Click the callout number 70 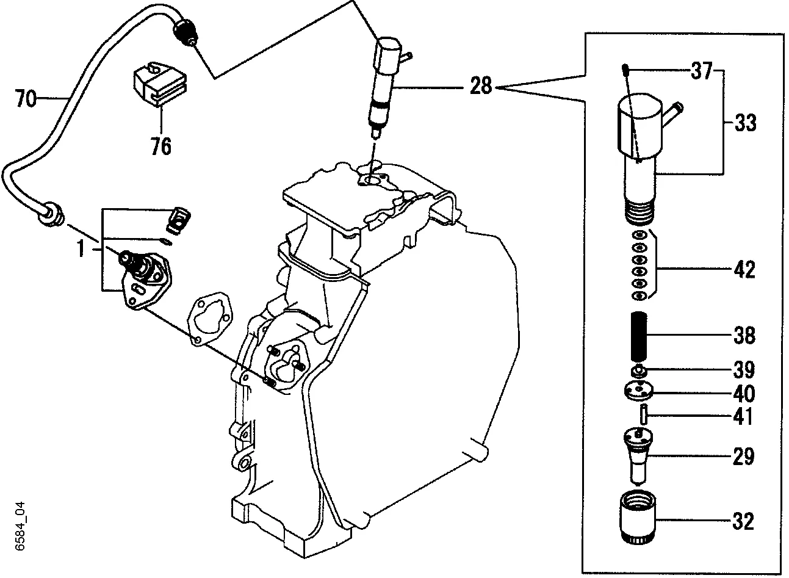point(26,98)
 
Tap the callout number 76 point(161,146)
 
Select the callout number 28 point(481,86)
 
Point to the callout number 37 point(701,71)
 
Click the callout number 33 point(744,123)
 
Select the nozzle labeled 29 point(638,455)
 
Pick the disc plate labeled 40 point(638,390)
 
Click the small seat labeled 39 point(638,370)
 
